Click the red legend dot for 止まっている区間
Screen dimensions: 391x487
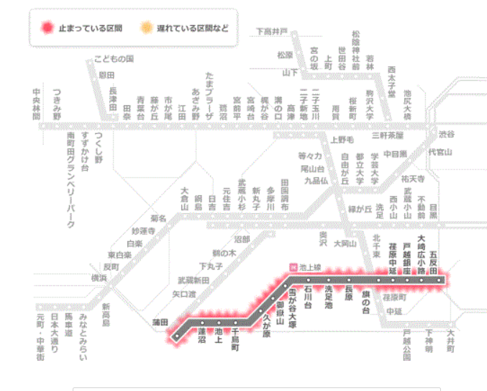click(47, 28)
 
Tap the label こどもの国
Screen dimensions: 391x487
click(114, 58)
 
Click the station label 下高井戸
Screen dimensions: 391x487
click(272, 31)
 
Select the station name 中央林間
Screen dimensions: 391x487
click(37, 104)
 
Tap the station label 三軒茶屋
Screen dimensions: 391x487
click(387, 135)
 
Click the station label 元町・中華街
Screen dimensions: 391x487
click(40, 337)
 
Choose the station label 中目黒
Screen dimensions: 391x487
click(394, 153)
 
